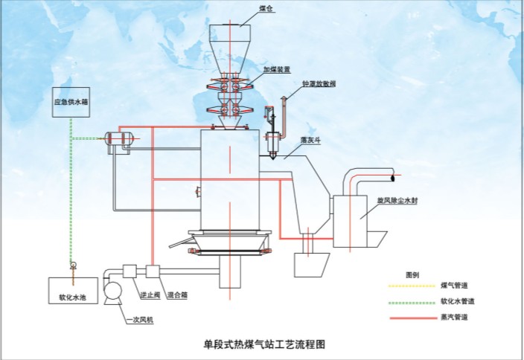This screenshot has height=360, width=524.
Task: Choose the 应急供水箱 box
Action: pyautogui.click(x=71, y=101)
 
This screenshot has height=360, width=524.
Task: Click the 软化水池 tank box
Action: pyautogui.click(x=72, y=289)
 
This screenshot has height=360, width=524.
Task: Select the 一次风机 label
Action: pyautogui.click(x=138, y=320)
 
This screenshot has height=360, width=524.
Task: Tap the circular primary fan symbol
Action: pyautogui.click(x=113, y=292)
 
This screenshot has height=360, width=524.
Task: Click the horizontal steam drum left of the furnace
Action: pyautogui.click(x=121, y=138)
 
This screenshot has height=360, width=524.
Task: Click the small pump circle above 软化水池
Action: pyautogui.click(x=72, y=265)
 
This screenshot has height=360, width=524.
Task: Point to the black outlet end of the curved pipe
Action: pyautogui.click(x=394, y=178)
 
